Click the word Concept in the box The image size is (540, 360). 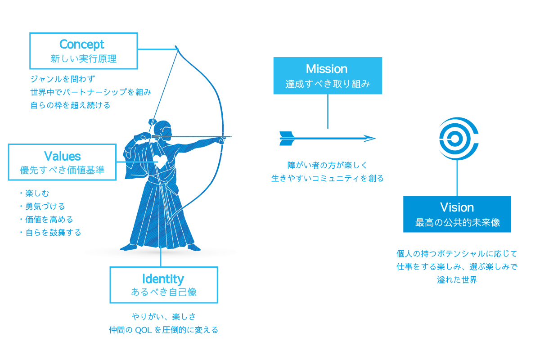tap(82, 45)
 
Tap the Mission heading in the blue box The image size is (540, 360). tap(327, 69)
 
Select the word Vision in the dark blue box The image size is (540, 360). tap(457, 207)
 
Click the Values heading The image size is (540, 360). tap(62, 156)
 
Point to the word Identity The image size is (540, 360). tap(163, 278)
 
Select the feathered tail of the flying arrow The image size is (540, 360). tap(287, 138)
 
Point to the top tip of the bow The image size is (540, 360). tap(176, 46)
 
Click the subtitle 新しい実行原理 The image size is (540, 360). tap(83, 58)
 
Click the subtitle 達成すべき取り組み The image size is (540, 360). tap(327, 84)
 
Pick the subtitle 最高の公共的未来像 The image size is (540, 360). tap(457, 222)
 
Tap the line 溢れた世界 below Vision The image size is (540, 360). tap(457, 279)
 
